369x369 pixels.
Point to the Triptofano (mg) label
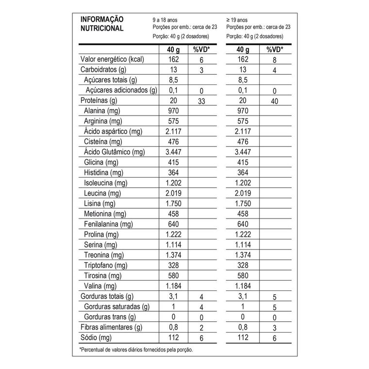[x=105, y=265]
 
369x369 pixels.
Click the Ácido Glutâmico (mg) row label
[x=115, y=152]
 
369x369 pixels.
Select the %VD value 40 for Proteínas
[x=275, y=101]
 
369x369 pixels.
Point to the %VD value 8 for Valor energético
[x=275, y=59]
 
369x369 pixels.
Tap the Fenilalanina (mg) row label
[x=108, y=224]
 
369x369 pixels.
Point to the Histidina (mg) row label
[x=103, y=173]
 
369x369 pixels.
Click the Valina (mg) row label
[x=100, y=285]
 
